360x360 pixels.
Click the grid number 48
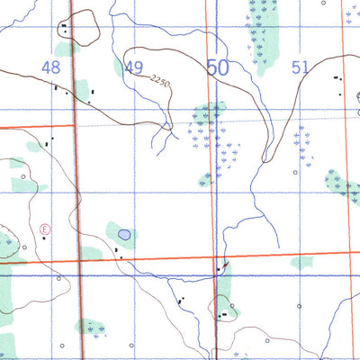tap(50, 67)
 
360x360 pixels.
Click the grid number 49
tap(134, 67)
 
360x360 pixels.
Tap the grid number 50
tap(217, 67)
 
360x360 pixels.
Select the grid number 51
tap(300, 67)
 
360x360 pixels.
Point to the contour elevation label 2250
tap(160, 83)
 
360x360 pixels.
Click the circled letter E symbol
tap(44, 229)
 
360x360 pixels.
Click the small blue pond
tap(123, 235)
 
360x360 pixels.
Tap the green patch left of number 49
tap(118, 68)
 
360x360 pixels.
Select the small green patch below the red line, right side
tap(302, 263)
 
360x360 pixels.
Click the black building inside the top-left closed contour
tap(65, 27)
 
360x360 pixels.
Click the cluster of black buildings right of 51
tap(340, 79)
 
